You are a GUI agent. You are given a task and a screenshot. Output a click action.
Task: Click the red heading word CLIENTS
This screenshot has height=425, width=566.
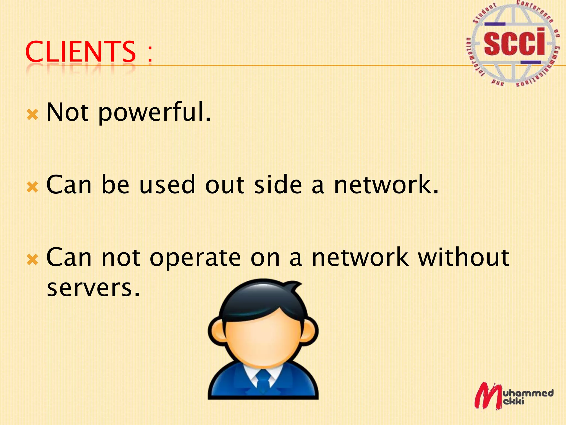pos(80,52)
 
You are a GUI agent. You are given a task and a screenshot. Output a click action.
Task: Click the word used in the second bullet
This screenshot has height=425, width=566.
pos(167,185)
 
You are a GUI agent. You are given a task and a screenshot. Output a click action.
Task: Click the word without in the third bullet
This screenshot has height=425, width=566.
pos(463,257)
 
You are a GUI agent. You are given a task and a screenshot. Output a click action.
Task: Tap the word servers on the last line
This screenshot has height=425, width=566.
pos(93,288)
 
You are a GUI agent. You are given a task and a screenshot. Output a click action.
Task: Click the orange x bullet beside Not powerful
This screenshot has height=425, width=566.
pos(33,114)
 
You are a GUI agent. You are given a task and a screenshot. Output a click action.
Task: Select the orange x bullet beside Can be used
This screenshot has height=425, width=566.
pos(33,187)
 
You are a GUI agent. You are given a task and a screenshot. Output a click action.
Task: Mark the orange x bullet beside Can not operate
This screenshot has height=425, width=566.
pos(33,260)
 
